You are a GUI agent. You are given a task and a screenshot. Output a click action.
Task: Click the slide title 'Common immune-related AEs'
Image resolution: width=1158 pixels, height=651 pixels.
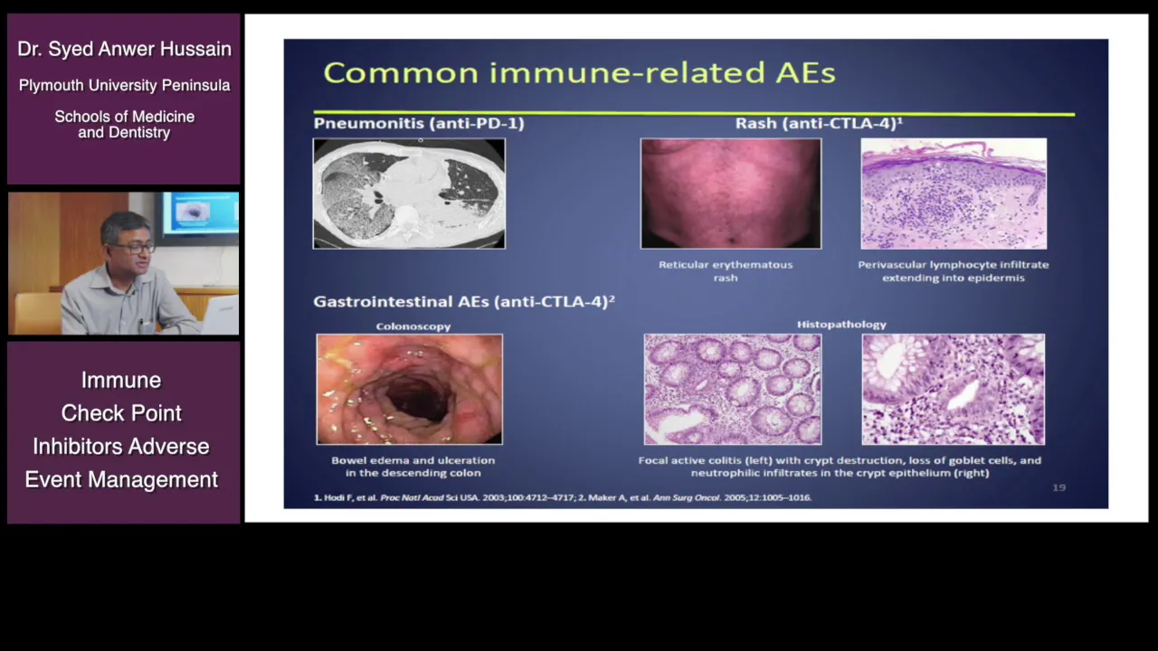579,72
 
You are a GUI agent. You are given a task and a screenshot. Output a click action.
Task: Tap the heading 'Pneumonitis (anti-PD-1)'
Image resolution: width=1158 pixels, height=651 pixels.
419,124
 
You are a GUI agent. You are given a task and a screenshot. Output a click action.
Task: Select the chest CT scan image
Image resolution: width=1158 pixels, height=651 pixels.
409,193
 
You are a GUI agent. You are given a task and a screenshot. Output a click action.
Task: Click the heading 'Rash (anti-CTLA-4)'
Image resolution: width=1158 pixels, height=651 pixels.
819,124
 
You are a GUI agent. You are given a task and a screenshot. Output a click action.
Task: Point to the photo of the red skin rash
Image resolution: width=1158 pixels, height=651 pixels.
731,193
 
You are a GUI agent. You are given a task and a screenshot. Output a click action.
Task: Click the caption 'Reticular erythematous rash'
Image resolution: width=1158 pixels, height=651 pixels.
726,271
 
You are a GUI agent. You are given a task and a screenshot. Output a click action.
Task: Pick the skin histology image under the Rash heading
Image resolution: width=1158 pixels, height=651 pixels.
954,193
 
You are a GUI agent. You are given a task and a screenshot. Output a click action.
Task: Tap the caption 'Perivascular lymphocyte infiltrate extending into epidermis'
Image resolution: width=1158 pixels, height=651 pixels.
954,271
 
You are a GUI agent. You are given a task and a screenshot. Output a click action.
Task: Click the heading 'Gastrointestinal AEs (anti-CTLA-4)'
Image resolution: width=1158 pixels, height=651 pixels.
464,301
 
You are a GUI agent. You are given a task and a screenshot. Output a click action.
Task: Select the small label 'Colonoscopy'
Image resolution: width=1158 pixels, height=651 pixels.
413,326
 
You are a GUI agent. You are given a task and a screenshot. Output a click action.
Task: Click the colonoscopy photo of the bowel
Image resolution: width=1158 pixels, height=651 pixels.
409,389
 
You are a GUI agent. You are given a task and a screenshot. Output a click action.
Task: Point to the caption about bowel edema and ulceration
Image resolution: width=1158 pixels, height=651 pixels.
413,467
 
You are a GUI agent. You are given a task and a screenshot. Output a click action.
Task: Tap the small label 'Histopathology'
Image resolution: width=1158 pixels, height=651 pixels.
841,325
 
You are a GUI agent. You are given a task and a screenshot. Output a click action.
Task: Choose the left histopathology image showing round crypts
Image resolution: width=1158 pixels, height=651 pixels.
733,389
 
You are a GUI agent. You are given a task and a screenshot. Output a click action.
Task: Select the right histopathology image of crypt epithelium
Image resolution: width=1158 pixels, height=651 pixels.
954,389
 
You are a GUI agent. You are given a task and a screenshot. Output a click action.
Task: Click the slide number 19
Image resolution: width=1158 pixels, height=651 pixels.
1058,487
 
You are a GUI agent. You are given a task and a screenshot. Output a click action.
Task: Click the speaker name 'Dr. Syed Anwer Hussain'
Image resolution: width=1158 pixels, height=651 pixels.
124,49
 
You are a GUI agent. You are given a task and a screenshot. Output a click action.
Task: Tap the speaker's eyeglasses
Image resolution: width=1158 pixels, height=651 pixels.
136,249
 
